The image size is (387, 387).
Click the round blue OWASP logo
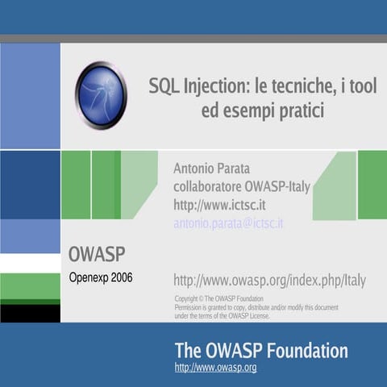tap(102, 94)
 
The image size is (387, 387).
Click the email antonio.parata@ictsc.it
tap(228, 223)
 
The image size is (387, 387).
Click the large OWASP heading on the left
tap(96, 255)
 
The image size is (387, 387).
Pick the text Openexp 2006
tap(100, 277)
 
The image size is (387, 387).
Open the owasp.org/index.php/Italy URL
tap(269, 281)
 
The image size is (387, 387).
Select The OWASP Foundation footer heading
tap(261, 351)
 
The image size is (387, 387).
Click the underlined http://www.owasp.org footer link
tap(215, 368)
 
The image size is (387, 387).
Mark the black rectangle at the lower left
tap(30, 313)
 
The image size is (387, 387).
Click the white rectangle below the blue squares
tap(30, 263)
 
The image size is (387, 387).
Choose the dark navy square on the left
tap(30, 185)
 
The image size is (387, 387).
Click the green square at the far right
tap(372, 185)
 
